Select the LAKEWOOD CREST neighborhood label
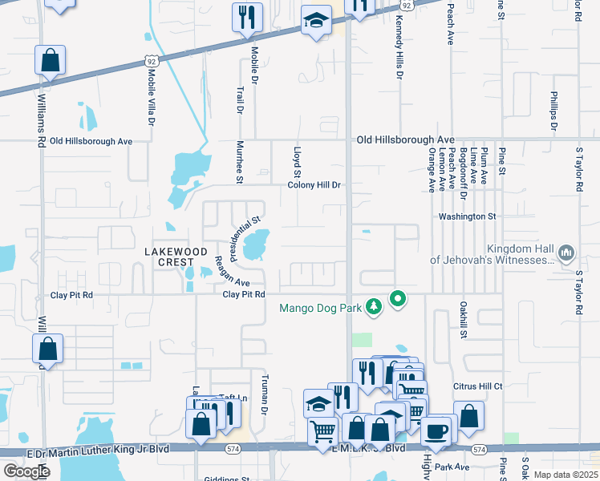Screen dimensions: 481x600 click(x=169, y=257)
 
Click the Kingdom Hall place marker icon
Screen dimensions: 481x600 click(x=566, y=254)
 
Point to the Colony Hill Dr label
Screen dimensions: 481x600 click(x=315, y=185)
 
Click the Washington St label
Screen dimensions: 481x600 click(x=468, y=216)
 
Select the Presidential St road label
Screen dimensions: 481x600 click(x=245, y=230)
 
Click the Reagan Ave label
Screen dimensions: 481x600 click(x=232, y=272)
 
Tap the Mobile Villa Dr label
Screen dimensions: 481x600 click(x=150, y=96)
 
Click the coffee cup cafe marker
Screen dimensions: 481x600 click(x=436, y=430)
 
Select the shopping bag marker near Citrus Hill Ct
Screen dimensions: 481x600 click(x=469, y=416)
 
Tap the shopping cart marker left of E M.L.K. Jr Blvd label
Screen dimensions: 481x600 click(x=323, y=430)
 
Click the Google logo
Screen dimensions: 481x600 click(x=26, y=471)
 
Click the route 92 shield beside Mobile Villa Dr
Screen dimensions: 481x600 click(x=152, y=61)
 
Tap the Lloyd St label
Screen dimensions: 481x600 click(x=297, y=162)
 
